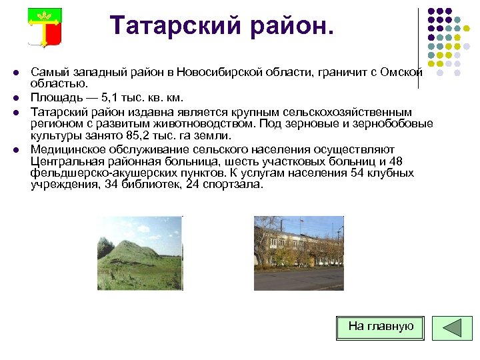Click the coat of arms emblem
coord(45,27)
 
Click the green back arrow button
coord(452,328)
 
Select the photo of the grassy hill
coord(139,253)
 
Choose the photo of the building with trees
coord(299,253)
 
